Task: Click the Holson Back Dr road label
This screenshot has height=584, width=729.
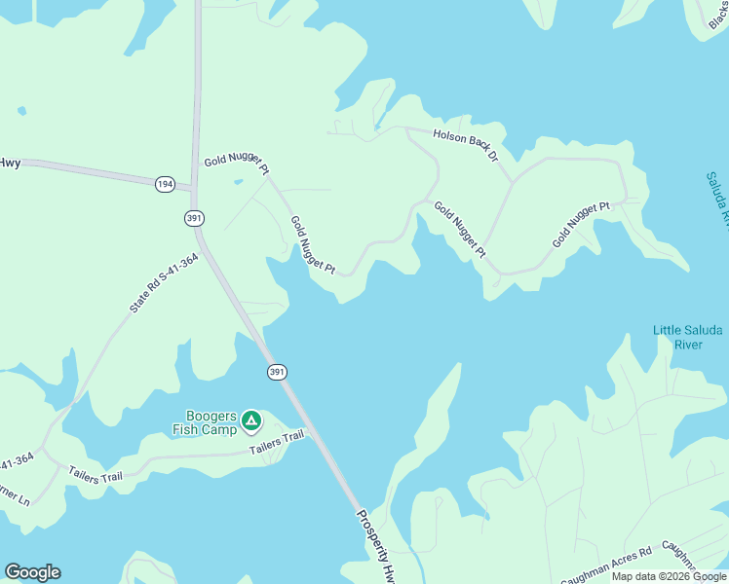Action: pyautogui.click(x=466, y=144)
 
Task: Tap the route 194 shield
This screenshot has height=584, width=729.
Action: pyautogui.click(x=165, y=183)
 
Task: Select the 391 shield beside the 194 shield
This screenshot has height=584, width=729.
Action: pyautogui.click(x=193, y=218)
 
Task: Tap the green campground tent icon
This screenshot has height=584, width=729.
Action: pyautogui.click(x=251, y=420)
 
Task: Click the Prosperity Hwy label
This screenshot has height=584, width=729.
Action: pyautogui.click(x=376, y=548)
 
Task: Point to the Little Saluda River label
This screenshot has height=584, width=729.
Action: pyautogui.click(x=688, y=337)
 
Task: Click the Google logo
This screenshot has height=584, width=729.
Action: pyautogui.click(x=32, y=571)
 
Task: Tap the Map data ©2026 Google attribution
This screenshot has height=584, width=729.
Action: pyautogui.click(x=669, y=576)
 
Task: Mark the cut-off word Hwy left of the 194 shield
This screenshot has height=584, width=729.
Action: pyautogui.click(x=10, y=163)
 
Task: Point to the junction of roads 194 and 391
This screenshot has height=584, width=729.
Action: pyautogui.click(x=195, y=186)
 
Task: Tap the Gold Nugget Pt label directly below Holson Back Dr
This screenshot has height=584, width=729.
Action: pyautogui.click(x=459, y=229)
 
